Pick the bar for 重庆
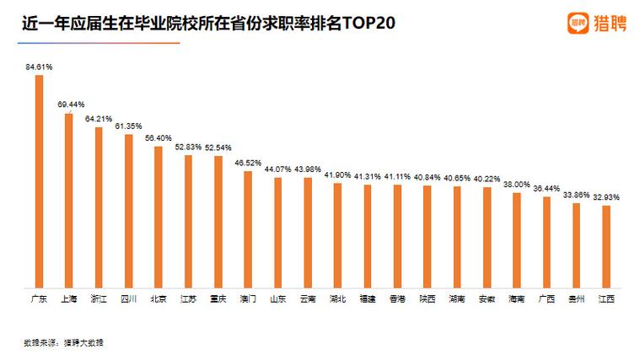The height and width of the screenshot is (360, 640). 218,221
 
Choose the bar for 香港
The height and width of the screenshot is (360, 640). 397,235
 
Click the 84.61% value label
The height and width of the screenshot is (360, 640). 39,66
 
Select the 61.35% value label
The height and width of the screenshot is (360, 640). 129,126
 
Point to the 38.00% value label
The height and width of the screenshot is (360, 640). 517,184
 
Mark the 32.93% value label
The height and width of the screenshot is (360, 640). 606,196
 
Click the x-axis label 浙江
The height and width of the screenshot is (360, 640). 98,298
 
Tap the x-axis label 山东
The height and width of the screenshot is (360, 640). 277,298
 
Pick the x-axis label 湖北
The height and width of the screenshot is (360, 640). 337,298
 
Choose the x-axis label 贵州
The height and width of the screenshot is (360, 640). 577,298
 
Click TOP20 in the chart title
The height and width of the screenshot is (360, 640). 368,22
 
